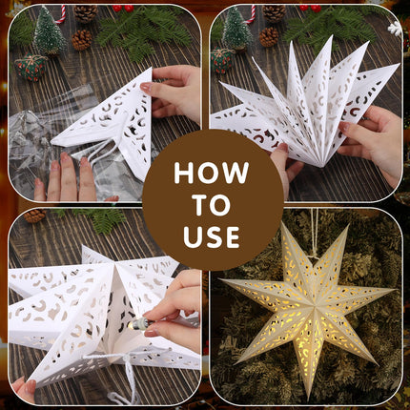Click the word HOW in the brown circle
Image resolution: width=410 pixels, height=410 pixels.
pos(212,174)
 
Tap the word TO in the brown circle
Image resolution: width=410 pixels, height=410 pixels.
pos(212,205)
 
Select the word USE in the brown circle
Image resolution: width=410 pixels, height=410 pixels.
pos(212,237)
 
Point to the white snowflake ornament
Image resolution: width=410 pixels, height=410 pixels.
pos(395,29)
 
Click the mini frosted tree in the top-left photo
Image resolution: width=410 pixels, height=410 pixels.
pos(49,31)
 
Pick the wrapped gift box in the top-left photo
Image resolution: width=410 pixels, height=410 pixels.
pos(31,66)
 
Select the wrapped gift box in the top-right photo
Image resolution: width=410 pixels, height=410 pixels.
pos(223,60)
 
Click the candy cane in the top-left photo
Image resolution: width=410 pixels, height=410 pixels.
pos(61,14)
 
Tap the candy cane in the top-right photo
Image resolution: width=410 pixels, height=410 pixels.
pos(251,14)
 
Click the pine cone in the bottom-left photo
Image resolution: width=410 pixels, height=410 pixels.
pos(34,215)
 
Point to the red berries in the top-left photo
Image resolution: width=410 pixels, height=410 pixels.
pos(123,8)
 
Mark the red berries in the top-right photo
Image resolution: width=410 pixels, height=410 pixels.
pos(310,8)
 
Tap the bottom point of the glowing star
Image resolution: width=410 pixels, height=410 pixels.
pos(308,399)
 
